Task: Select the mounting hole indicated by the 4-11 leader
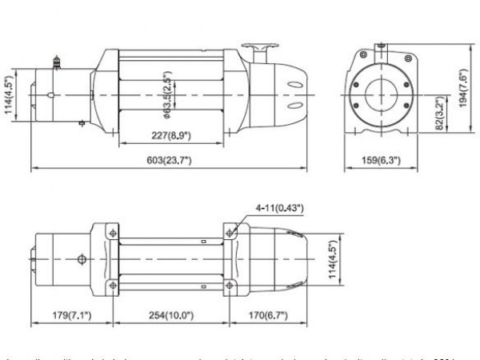[231, 232]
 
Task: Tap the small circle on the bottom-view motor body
[81, 259]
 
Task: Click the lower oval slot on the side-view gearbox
[294, 105]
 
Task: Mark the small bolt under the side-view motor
[81, 124]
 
